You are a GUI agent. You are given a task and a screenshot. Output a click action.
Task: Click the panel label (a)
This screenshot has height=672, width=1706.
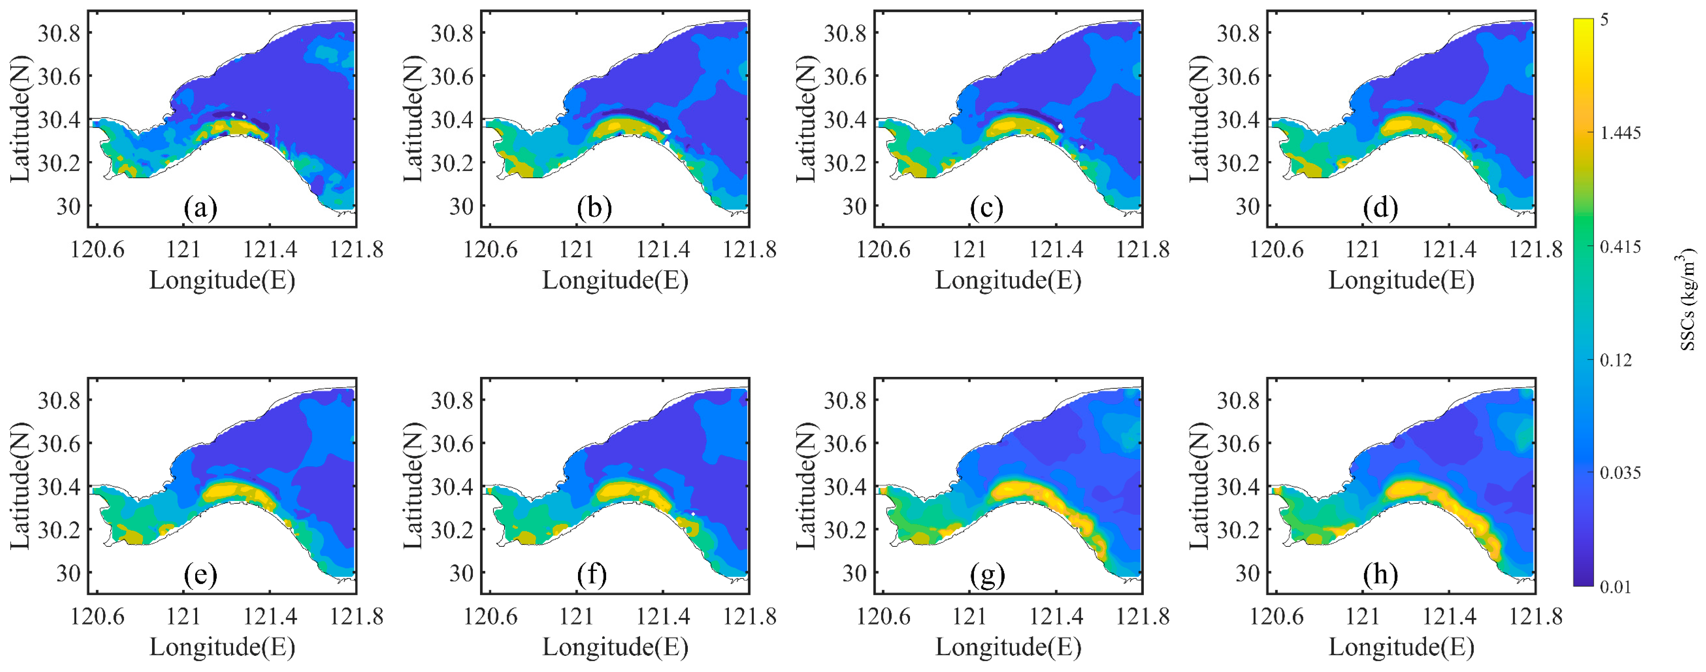click(x=201, y=209)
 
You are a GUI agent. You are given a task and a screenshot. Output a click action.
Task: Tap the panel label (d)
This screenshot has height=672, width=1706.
click(x=1381, y=209)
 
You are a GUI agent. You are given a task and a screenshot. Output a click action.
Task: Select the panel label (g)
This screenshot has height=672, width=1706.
click(x=987, y=575)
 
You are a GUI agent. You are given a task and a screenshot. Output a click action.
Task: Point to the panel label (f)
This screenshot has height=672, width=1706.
click(x=592, y=575)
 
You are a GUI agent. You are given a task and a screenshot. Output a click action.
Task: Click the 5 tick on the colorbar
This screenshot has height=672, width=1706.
click(x=1604, y=20)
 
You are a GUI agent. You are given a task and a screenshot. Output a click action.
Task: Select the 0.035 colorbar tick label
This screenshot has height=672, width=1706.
click(x=1621, y=473)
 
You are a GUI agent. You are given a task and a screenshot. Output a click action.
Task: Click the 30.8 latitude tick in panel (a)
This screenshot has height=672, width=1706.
click(x=59, y=33)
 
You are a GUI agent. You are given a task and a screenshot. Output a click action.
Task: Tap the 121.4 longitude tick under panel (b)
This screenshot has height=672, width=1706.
click(x=663, y=250)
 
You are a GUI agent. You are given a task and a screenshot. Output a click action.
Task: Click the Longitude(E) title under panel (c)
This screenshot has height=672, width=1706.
click(x=1008, y=281)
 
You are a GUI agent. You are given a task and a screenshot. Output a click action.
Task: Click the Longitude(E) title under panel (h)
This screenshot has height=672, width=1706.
click(x=1401, y=648)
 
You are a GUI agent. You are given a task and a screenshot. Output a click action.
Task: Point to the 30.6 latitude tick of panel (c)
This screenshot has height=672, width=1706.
click(x=845, y=76)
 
